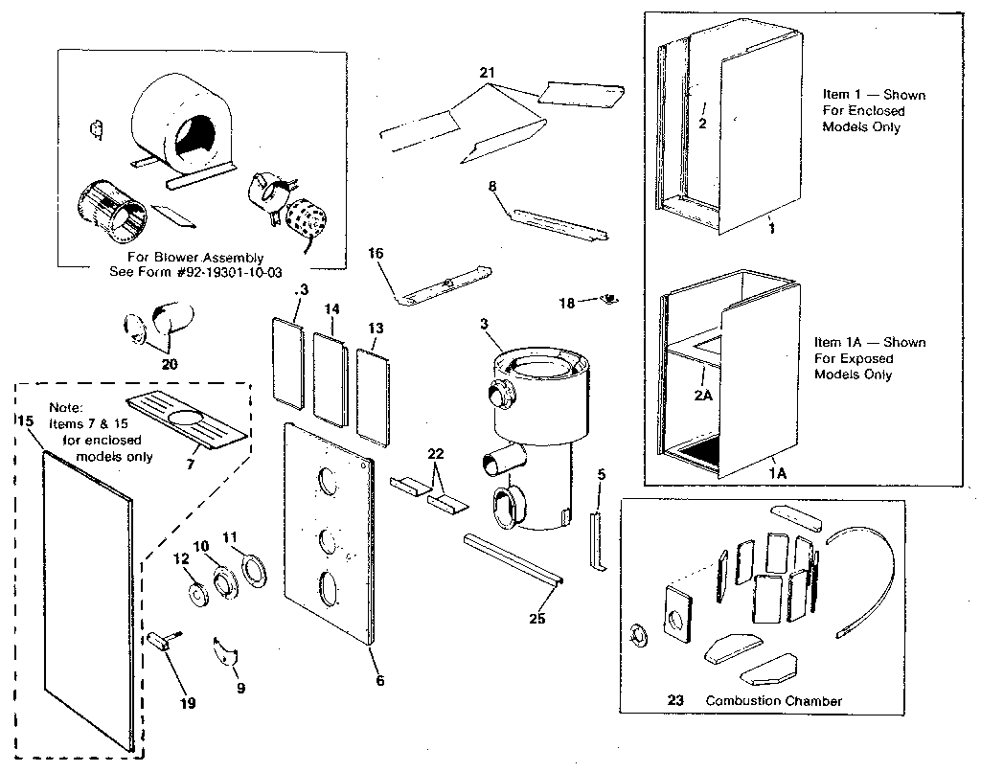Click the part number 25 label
tap(537, 619)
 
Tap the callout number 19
tap(187, 703)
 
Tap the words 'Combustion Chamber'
tap(773, 701)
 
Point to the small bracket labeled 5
tap(594, 539)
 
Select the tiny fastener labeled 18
tap(606, 300)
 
